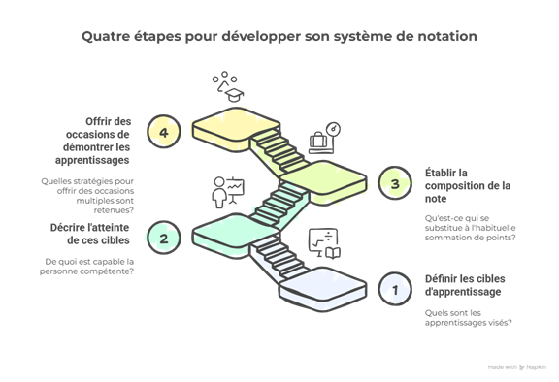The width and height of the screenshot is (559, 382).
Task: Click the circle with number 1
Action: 394,288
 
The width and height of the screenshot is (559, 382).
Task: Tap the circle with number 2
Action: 164,238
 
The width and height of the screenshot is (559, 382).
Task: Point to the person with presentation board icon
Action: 226,191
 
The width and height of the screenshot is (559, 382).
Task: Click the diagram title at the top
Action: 279,37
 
